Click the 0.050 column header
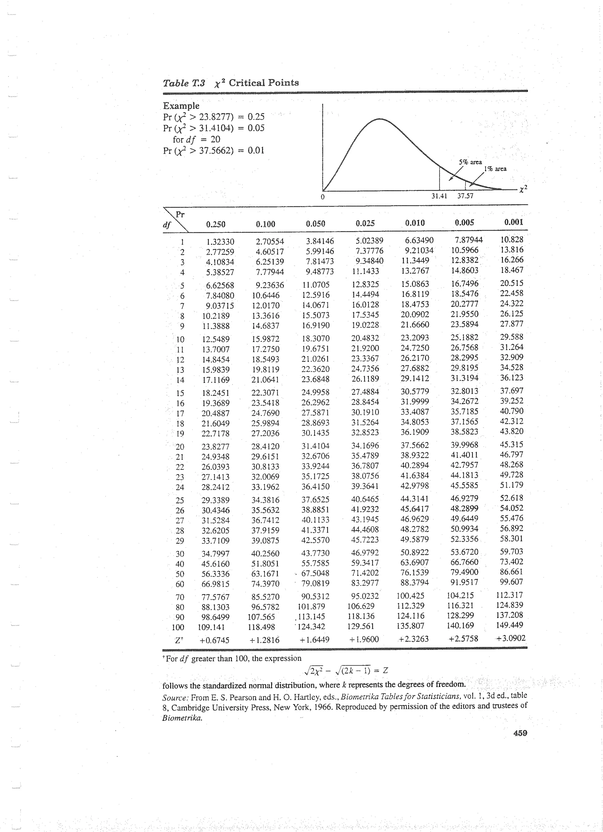315,224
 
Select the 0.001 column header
513,222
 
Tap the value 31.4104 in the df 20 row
315,446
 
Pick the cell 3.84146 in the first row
320,241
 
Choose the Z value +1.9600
364,640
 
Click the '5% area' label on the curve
470,162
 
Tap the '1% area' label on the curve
495,169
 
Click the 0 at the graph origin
323,197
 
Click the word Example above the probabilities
181,106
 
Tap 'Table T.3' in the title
184,83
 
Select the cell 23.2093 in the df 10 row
415,337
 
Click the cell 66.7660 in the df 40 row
464,562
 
